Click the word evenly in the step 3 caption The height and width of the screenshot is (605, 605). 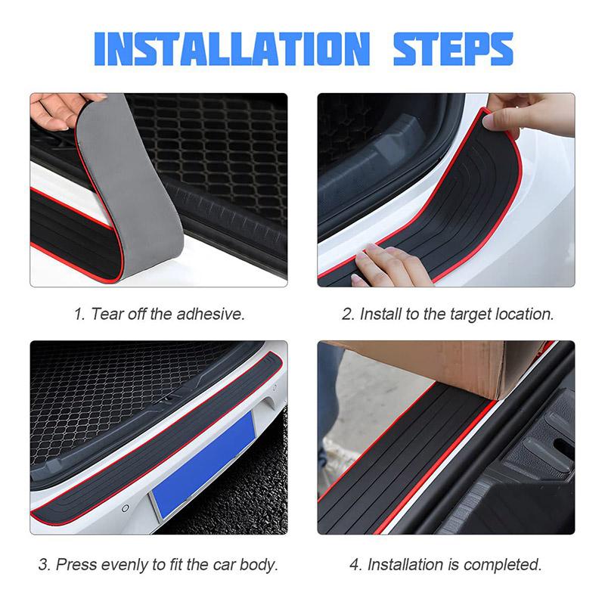coord(125,564)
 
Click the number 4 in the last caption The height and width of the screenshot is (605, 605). coord(355,564)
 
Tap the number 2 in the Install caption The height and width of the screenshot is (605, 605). coord(347,314)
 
